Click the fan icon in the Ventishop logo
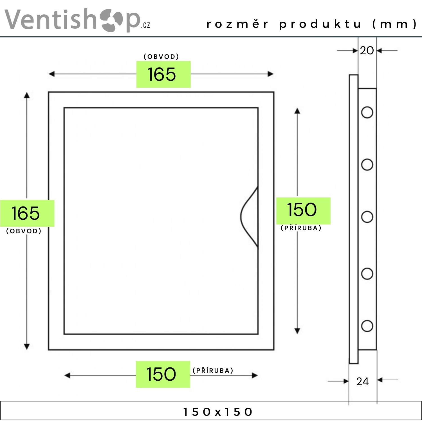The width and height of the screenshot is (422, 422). [x=112, y=20]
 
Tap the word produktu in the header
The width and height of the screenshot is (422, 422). [x=320, y=24]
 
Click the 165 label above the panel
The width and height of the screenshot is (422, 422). [x=162, y=75]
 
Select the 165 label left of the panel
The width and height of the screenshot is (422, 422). [x=25, y=213]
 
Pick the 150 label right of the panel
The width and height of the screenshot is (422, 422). [x=302, y=210]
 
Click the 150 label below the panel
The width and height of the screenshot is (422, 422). [x=161, y=374]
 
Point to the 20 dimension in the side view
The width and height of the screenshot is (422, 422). [x=367, y=51]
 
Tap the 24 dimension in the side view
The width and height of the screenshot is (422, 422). [x=362, y=381]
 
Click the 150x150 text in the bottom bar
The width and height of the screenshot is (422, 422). [x=217, y=412]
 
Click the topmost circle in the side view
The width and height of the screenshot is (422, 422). [x=367, y=113]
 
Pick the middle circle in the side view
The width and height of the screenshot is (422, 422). [x=367, y=217]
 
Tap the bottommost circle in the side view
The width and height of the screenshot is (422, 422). [x=367, y=326]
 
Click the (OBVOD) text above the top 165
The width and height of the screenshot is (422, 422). [x=161, y=57]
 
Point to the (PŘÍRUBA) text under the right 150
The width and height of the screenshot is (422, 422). [x=301, y=228]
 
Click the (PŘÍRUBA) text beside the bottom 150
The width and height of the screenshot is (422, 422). [x=213, y=370]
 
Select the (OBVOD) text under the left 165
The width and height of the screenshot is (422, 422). [x=24, y=231]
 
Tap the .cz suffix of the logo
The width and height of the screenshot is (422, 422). [x=145, y=25]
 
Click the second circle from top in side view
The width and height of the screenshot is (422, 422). [x=367, y=165]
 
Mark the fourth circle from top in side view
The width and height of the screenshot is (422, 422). [x=367, y=273]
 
